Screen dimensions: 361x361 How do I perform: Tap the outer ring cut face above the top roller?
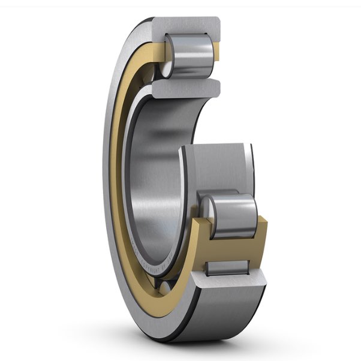(186, 26)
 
